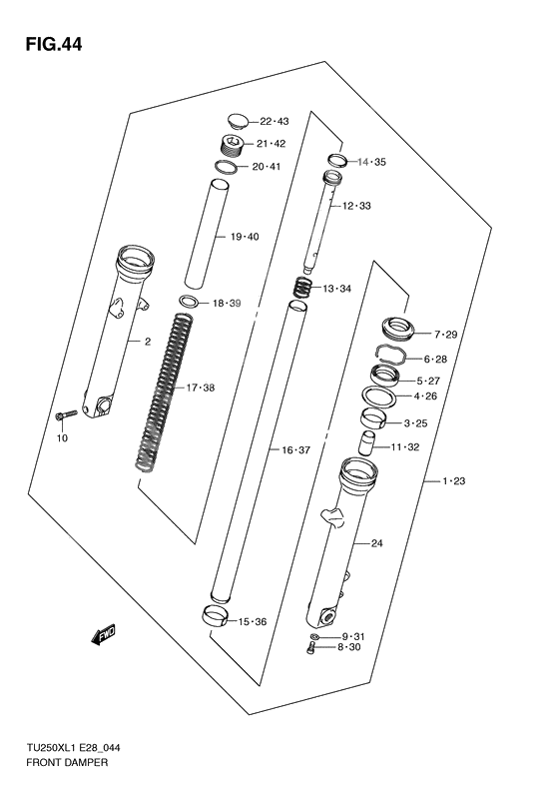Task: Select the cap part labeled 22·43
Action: [237, 120]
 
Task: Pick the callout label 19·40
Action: [245, 237]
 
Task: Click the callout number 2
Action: [147, 342]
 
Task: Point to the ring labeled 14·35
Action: [335, 160]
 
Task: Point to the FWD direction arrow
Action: [103, 633]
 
